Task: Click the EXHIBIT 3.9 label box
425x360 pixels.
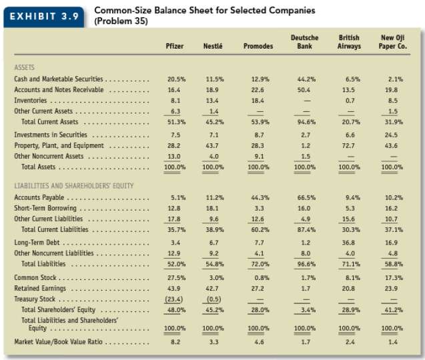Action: coord(45,15)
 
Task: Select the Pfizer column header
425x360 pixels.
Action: coord(174,46)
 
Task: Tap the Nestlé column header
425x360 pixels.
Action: coord(212,46)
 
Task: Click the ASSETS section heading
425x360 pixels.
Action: coord(25,67)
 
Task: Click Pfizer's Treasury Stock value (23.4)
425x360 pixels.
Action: coord(173,299)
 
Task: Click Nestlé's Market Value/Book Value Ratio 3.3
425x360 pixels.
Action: coord(211,341)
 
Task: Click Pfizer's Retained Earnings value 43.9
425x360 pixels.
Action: coord(173,288)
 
